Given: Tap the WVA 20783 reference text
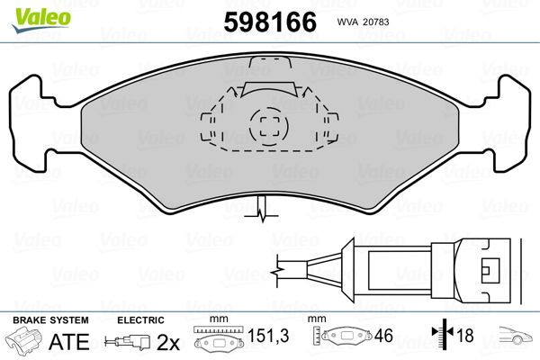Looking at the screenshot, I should coord(365,21).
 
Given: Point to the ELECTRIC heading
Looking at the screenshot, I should coord(140,320).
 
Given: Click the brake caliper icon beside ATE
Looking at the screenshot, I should coord(25,342).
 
